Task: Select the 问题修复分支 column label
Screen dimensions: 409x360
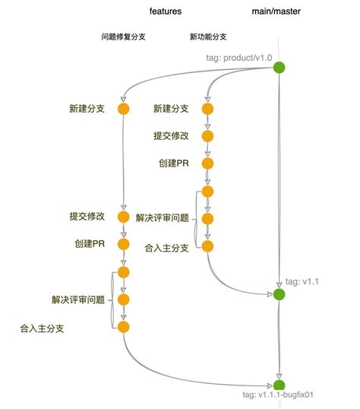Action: coord(123,36)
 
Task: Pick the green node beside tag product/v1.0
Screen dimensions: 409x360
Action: coord(279,68)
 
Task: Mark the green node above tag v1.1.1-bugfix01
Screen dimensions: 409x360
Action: coord(279,385)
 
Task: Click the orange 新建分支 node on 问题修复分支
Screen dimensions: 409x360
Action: coord(123,109)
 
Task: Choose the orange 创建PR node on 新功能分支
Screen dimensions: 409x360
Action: coord(208,163)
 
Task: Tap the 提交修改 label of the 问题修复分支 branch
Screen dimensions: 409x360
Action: coord(86,217)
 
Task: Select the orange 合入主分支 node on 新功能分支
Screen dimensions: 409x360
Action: coord(208,246)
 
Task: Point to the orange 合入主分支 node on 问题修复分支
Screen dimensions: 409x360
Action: coord(123,327)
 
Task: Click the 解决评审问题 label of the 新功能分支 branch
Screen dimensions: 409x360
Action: coord(163,218)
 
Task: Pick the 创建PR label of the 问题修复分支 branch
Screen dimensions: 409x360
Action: coord(90,244)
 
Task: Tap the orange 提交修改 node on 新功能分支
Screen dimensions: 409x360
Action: coord(208,136)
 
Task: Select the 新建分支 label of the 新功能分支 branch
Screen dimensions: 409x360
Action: coord(171,109)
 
